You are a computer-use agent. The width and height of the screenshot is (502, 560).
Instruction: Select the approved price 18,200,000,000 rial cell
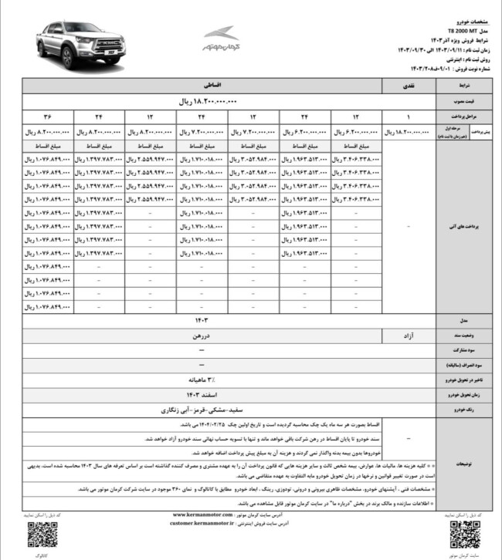204,101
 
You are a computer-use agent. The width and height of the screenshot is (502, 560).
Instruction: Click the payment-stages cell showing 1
409,116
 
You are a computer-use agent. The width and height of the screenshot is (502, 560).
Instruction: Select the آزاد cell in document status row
409,336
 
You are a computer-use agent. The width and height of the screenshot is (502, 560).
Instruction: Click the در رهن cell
204,336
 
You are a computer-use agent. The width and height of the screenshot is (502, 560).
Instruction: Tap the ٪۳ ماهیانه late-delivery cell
204,380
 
